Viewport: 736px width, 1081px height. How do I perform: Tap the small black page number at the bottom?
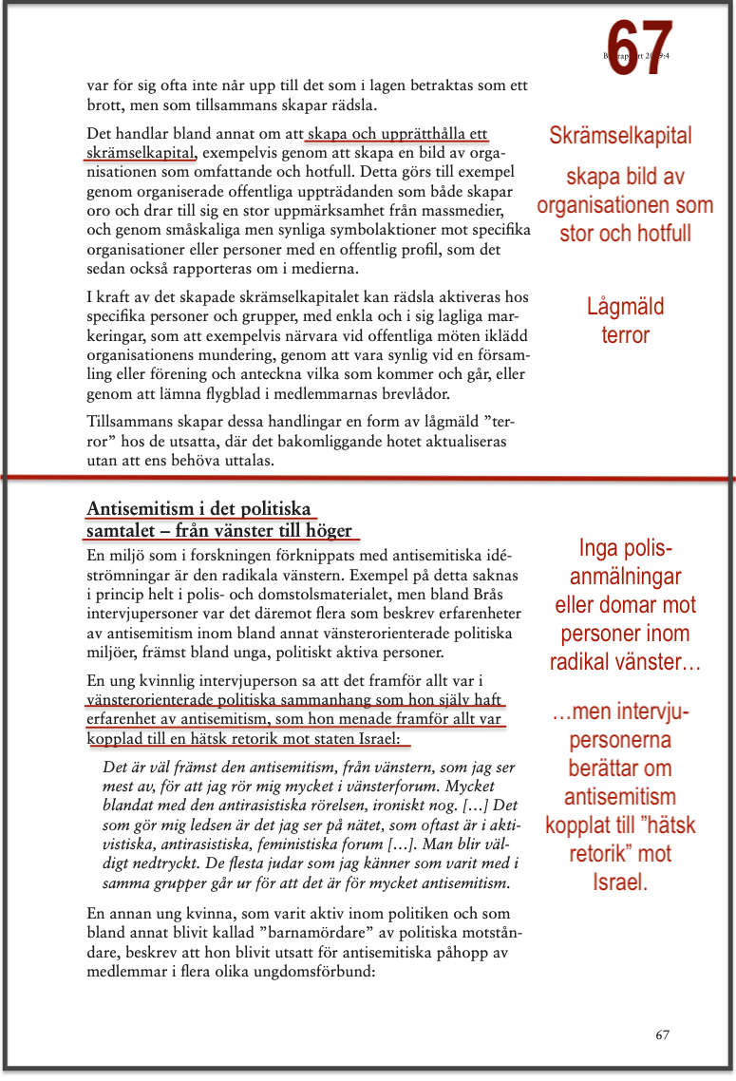coord(663,1035)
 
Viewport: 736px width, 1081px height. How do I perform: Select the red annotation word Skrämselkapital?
coord(620,136)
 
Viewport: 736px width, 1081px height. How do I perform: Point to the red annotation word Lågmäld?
coord(625,307)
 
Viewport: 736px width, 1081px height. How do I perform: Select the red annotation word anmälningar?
coord(626,576)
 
